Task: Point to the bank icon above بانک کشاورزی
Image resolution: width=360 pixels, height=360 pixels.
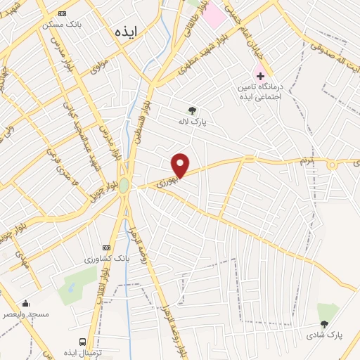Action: tap(106, 247)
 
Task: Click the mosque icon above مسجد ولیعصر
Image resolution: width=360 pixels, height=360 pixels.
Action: tap(26, 304)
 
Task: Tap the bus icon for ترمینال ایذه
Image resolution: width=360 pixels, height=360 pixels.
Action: tap(83, 342)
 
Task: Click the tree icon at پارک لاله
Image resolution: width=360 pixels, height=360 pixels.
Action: tap(191, 110)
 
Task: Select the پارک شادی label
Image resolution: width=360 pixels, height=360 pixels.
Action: tap(324, 335)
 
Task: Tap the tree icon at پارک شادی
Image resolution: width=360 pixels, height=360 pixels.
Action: tap(324, 324)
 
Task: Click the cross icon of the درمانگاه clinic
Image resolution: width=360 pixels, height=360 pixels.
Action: tap(260, 75)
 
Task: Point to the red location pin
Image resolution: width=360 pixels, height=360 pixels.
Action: tap(181, 165)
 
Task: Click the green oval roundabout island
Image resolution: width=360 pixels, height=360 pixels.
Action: tap(124, 185)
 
